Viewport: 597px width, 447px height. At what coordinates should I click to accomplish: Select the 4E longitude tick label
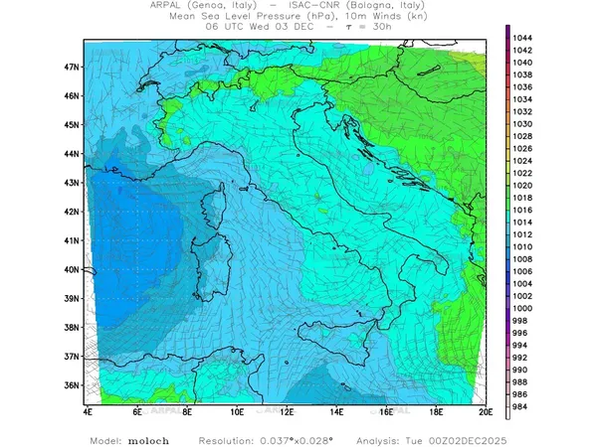click(88, 410)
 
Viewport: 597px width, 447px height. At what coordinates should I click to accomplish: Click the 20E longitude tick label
click(485, 410)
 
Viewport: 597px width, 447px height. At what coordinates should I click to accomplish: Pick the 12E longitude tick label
click(286, 410)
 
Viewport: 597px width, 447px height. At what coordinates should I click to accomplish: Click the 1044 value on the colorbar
click(522, 38)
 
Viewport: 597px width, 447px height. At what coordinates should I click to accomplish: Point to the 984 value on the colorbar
click(520, 405)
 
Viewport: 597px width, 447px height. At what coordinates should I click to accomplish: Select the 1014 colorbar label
click(522, 222)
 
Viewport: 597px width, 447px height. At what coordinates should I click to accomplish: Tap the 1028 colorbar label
click(522, 136)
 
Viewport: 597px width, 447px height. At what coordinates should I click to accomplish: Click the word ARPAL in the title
click(169, 5)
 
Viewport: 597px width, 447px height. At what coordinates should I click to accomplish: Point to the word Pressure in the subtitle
click(269, 16)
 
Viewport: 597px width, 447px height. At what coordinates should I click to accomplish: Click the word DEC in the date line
click(294, 27)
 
